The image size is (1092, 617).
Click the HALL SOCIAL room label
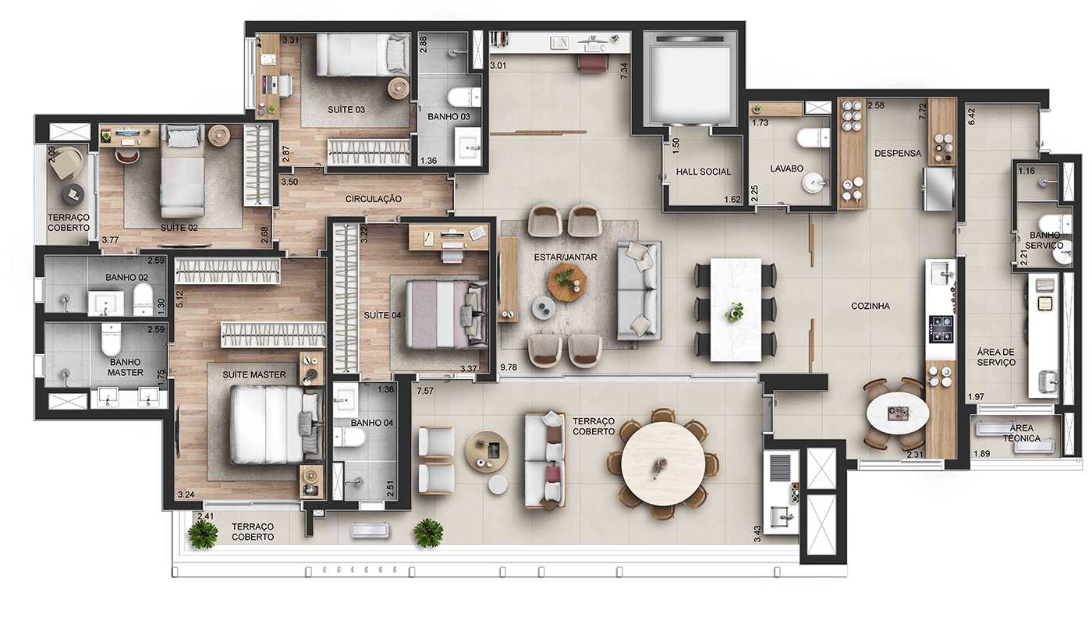[x=704, y=172]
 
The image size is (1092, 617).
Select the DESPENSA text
[x=897, y=154]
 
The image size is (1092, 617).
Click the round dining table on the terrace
[x=663, y=464]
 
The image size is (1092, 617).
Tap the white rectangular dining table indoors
[x=736, y=310]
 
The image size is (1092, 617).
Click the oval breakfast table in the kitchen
[x=894, y=413]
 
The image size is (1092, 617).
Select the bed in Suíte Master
[x=269, y=425]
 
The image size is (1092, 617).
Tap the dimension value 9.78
[x=509, y=367]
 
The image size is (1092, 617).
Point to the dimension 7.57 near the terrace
[x=425, y=390]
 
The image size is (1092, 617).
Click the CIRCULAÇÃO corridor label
[x=373, y=199]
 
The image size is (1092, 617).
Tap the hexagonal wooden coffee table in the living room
[x=565, y=280]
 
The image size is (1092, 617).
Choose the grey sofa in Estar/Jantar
[x=639, y=290]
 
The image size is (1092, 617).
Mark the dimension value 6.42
[x=972, y=115]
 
